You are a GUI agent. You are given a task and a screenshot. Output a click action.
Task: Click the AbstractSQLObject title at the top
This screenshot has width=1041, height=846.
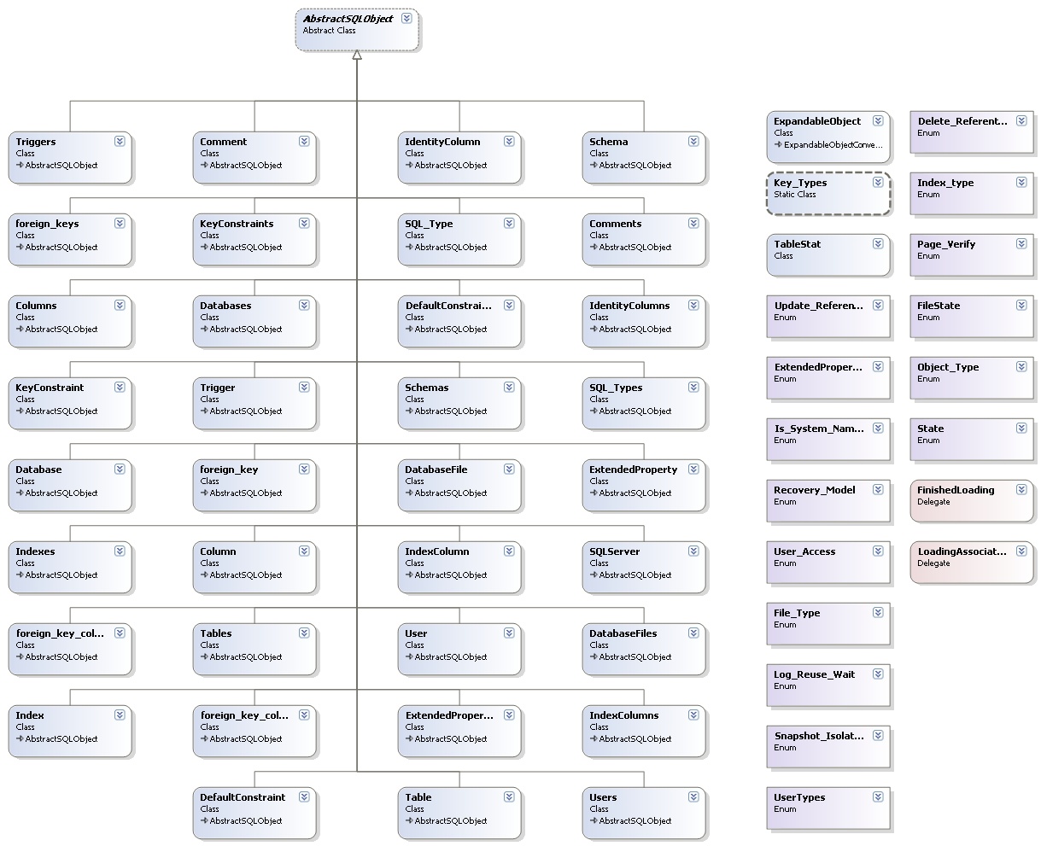(348, 19)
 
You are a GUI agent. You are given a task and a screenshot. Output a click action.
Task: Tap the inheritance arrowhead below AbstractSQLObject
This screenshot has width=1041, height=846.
(357, 55)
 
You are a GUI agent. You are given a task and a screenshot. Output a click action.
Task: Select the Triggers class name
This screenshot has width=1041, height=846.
(36, 142)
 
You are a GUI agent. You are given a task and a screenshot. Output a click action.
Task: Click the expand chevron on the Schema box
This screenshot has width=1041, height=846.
(693, 141)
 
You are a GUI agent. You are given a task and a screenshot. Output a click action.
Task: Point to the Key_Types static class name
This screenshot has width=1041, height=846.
(800, 183)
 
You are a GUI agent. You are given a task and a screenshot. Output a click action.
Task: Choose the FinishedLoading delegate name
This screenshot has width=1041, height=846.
(956, 490)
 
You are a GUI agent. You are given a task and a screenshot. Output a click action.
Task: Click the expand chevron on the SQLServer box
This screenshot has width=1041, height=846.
(693, 551)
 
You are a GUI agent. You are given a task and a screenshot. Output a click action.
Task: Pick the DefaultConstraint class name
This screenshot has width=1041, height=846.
(243, 797)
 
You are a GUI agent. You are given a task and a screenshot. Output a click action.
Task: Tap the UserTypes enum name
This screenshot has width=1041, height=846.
(799, 797)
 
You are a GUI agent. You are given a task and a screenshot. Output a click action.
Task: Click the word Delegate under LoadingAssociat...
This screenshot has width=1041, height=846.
(933, 563)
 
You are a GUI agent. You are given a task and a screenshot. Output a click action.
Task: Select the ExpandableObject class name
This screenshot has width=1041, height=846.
(817, 121)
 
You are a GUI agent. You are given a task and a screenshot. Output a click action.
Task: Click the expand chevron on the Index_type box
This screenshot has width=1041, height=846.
(1021, 182)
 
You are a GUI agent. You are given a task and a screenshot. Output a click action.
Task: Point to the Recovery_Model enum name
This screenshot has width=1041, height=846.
(814, 490)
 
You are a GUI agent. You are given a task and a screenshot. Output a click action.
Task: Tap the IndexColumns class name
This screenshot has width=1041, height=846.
(623, 715)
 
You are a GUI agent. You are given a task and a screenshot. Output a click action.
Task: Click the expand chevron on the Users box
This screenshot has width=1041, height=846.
(693, 796)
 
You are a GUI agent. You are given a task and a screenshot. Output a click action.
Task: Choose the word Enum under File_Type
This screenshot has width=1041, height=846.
(785, 625)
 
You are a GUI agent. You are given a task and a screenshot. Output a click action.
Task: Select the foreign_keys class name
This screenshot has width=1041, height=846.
(47, 224)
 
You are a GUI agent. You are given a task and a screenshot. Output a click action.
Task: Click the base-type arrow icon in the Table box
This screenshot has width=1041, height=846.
(409, 820)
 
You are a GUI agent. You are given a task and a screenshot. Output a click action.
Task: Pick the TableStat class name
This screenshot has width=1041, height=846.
(797, 244)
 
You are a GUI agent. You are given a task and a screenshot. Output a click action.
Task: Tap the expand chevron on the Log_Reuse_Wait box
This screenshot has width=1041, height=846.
(878, 674)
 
